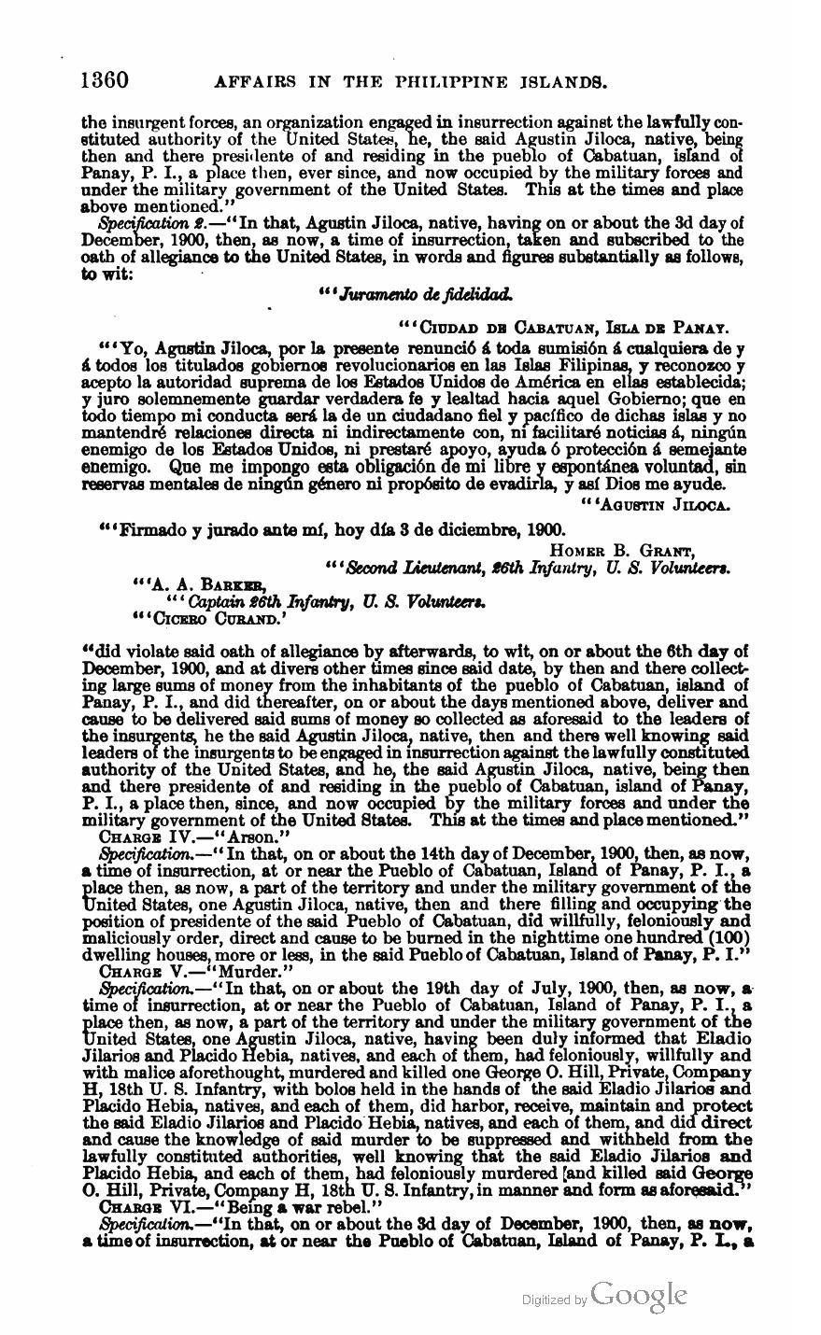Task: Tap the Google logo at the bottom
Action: [x=639, y=1295]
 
